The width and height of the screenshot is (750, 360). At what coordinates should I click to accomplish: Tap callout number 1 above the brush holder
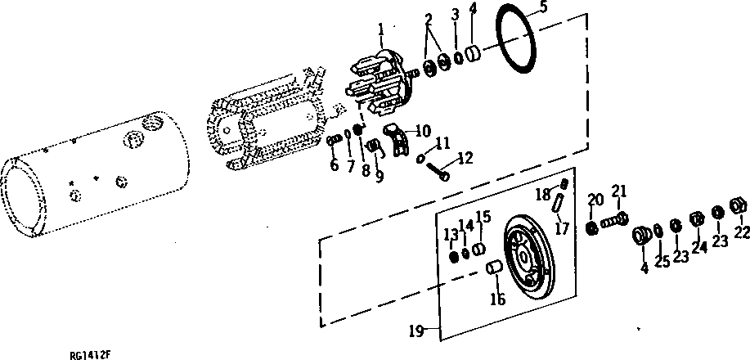(379, 31)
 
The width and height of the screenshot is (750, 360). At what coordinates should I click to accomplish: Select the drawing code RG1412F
(91, 355)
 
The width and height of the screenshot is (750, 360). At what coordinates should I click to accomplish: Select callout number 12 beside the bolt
(465, 158)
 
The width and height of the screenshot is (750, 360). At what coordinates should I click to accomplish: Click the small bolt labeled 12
(442, 173)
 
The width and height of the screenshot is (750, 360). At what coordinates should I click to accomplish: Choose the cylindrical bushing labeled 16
(494, 268)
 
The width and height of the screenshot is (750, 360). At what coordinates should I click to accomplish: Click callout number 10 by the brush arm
(423, 129)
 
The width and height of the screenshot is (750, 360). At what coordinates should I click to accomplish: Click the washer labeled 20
(593, 227)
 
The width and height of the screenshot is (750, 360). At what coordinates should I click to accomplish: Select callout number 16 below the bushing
(498, 299)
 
